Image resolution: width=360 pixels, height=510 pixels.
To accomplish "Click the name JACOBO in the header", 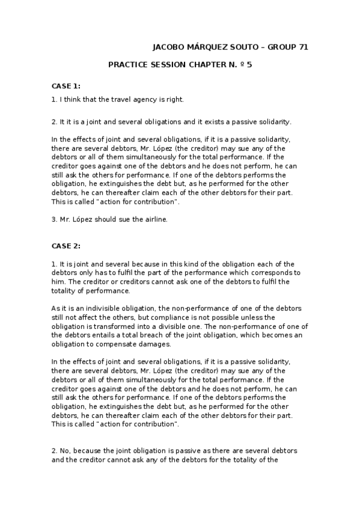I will pyautogui.click(x=168, y=46).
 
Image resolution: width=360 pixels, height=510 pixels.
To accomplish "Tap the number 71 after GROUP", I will pyautogui.click(x=302, y=46).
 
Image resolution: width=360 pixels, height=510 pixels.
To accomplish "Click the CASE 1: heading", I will pyautogui.click(x=66, y=86).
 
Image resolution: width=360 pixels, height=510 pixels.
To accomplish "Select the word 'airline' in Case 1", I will pyautogui.click(x=153, y=220).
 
